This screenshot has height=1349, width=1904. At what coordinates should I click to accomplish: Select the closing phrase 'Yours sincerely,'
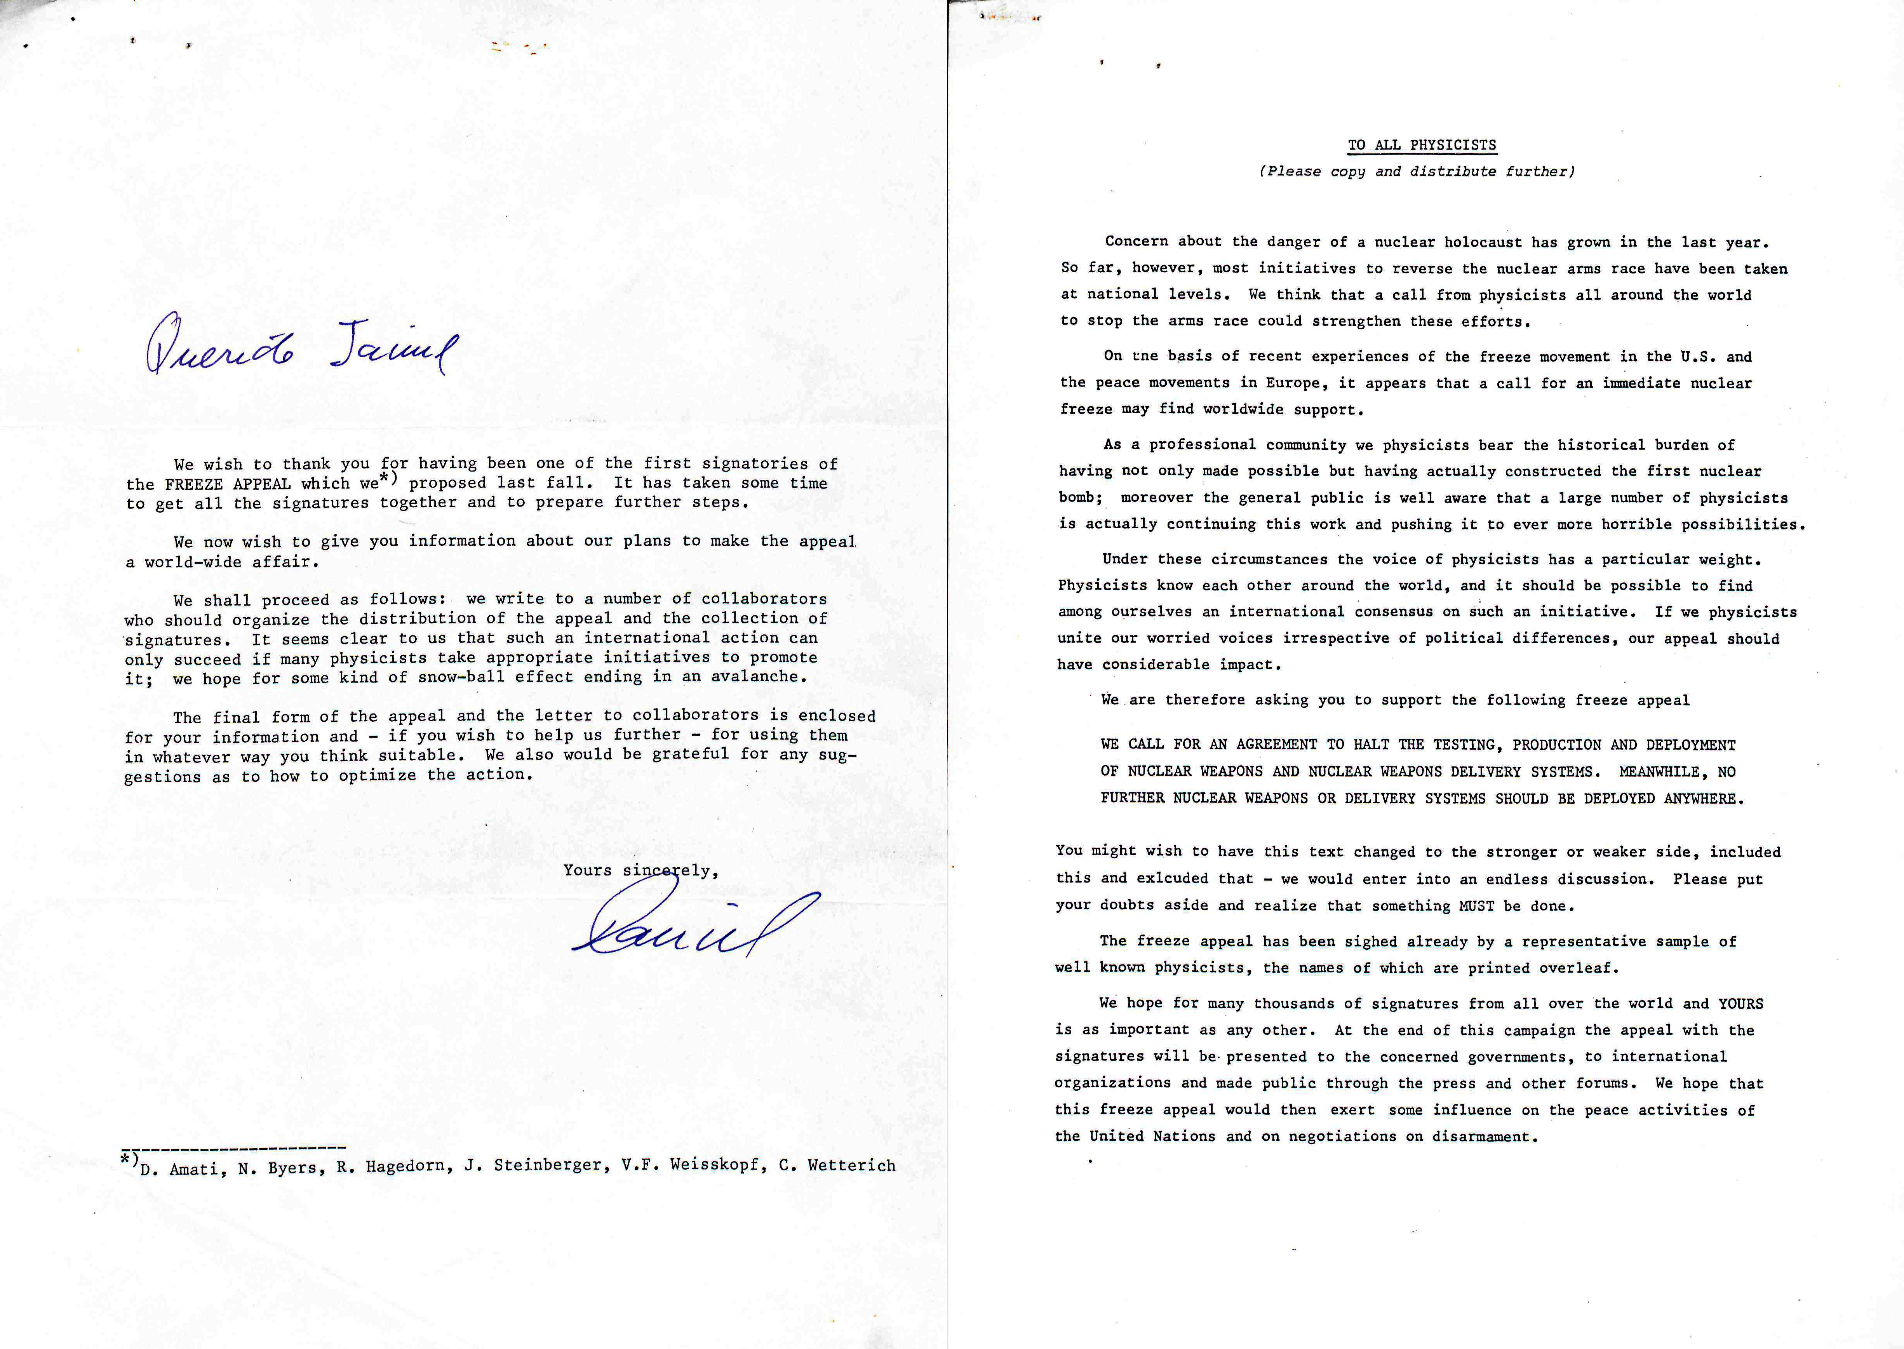pos(640,870)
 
